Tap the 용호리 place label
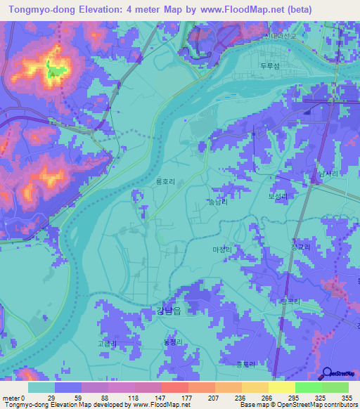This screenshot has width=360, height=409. pos(166,181)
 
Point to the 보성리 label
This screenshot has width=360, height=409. pos(278,197)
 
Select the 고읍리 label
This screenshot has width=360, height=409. pos(107,344)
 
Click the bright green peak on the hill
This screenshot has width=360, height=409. pos(53,70)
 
